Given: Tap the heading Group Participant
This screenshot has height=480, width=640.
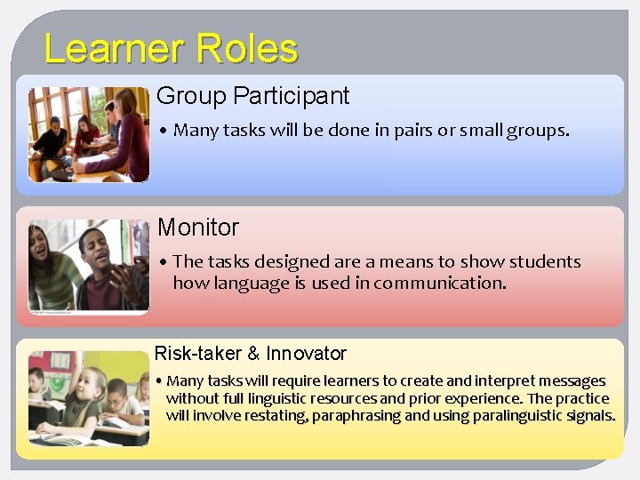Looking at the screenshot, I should (x=252, y=96).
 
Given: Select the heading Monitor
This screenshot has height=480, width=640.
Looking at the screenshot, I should (x=198, y=228).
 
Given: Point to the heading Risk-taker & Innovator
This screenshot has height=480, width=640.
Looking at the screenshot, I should (x=251, y=354).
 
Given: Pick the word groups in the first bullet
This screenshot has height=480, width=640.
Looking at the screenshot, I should (x=536, y=131).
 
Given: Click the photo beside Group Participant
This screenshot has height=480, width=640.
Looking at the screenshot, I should (x=88, y=134).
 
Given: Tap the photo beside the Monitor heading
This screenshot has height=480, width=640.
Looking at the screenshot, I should (x=88, y=266).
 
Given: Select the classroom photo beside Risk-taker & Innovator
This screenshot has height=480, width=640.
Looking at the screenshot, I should (x=88, y=398).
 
